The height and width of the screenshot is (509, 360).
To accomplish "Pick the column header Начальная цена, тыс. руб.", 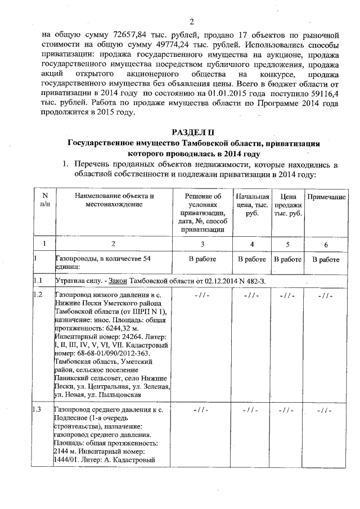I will (x=253, y=205).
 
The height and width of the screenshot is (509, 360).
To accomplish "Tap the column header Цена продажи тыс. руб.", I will (x=287, y=205).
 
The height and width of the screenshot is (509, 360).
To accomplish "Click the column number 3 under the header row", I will (x=202, y=243).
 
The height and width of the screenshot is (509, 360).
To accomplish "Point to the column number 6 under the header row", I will (x=325, y=243).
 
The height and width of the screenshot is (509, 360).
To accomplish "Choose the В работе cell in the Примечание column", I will (x=325, y=259).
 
